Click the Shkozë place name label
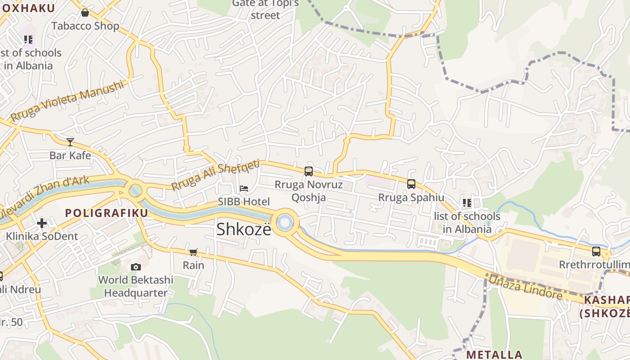(x=244, y=229)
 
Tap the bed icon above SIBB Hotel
(x=244, y=188)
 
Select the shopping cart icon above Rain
(x=193, y=252)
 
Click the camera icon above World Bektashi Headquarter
(x=135, y=267)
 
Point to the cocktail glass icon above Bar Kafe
(x=70, y=142)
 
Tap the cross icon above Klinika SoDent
(x=42, y=223)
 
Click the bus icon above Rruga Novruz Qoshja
(x=309, y=171)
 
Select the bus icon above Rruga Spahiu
(x=411, y=184)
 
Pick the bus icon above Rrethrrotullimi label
(x=596, y=251)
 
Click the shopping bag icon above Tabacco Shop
(x=85, y=13)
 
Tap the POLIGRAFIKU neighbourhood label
(x=107, y=213)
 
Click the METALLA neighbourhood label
(x=494, y=355)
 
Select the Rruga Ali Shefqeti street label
(x=216, y=175)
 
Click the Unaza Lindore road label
(x=526, y=287)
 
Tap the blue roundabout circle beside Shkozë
(x=284, y=222)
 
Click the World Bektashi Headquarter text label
(x=135, y=286)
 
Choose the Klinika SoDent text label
(x=42, y=236)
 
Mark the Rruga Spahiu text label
(x=411, y=198)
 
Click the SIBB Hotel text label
(x=244, y=202)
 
